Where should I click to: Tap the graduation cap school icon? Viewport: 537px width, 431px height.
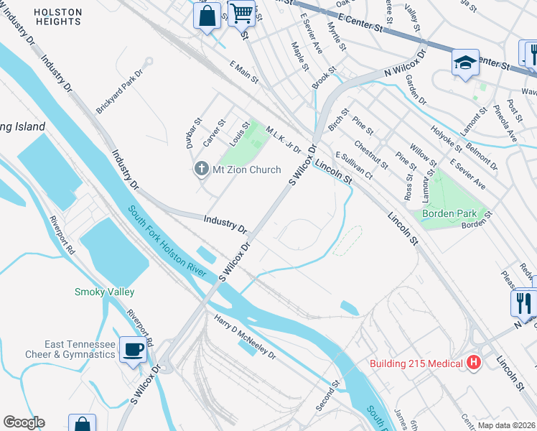tap(465, 62)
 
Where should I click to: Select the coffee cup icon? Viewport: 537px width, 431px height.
tap(133, 350)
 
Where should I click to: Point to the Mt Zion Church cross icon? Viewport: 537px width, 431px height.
tap(200, 170)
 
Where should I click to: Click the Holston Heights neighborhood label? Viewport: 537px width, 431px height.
tap(57, 17)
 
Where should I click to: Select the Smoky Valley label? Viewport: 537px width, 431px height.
tap(104, 292)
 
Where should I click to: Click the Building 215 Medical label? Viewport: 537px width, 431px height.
tap(416, 363)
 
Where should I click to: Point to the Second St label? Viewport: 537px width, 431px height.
tap(327, 397)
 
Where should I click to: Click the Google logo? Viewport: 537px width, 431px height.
tap(24, 422)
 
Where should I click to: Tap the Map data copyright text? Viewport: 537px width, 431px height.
tap(506, 425)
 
